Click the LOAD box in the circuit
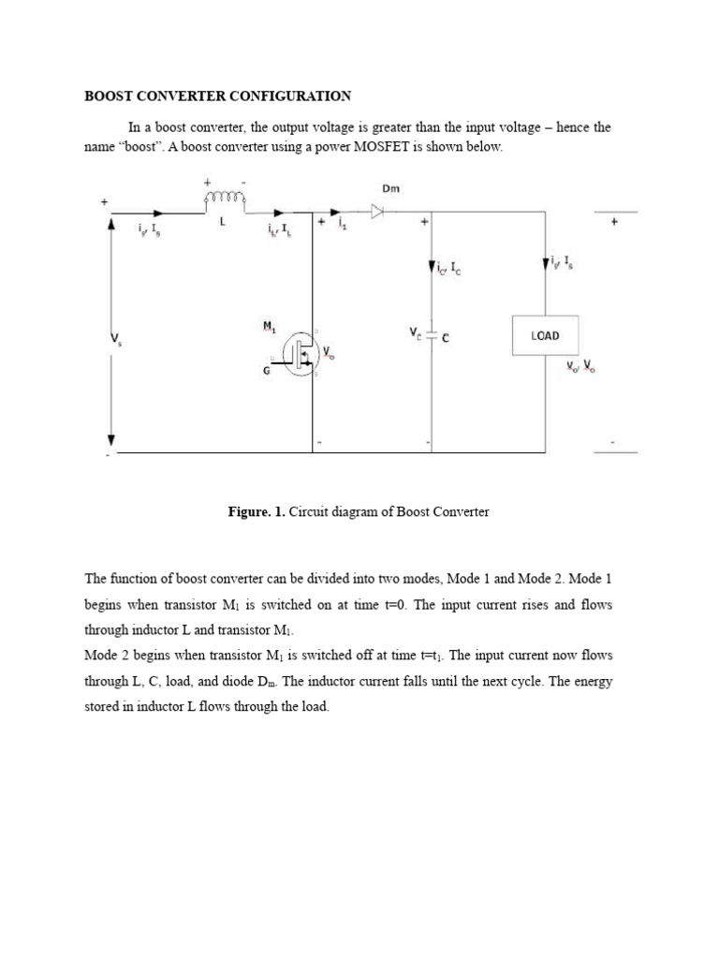544,334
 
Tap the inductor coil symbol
225,199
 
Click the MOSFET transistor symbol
302,352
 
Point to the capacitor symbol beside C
430,334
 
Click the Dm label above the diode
390,188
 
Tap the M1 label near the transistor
269,326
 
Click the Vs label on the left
117,339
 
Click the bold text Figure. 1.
257,512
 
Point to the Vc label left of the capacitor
416,334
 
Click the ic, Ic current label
448,269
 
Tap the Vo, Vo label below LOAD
580,366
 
